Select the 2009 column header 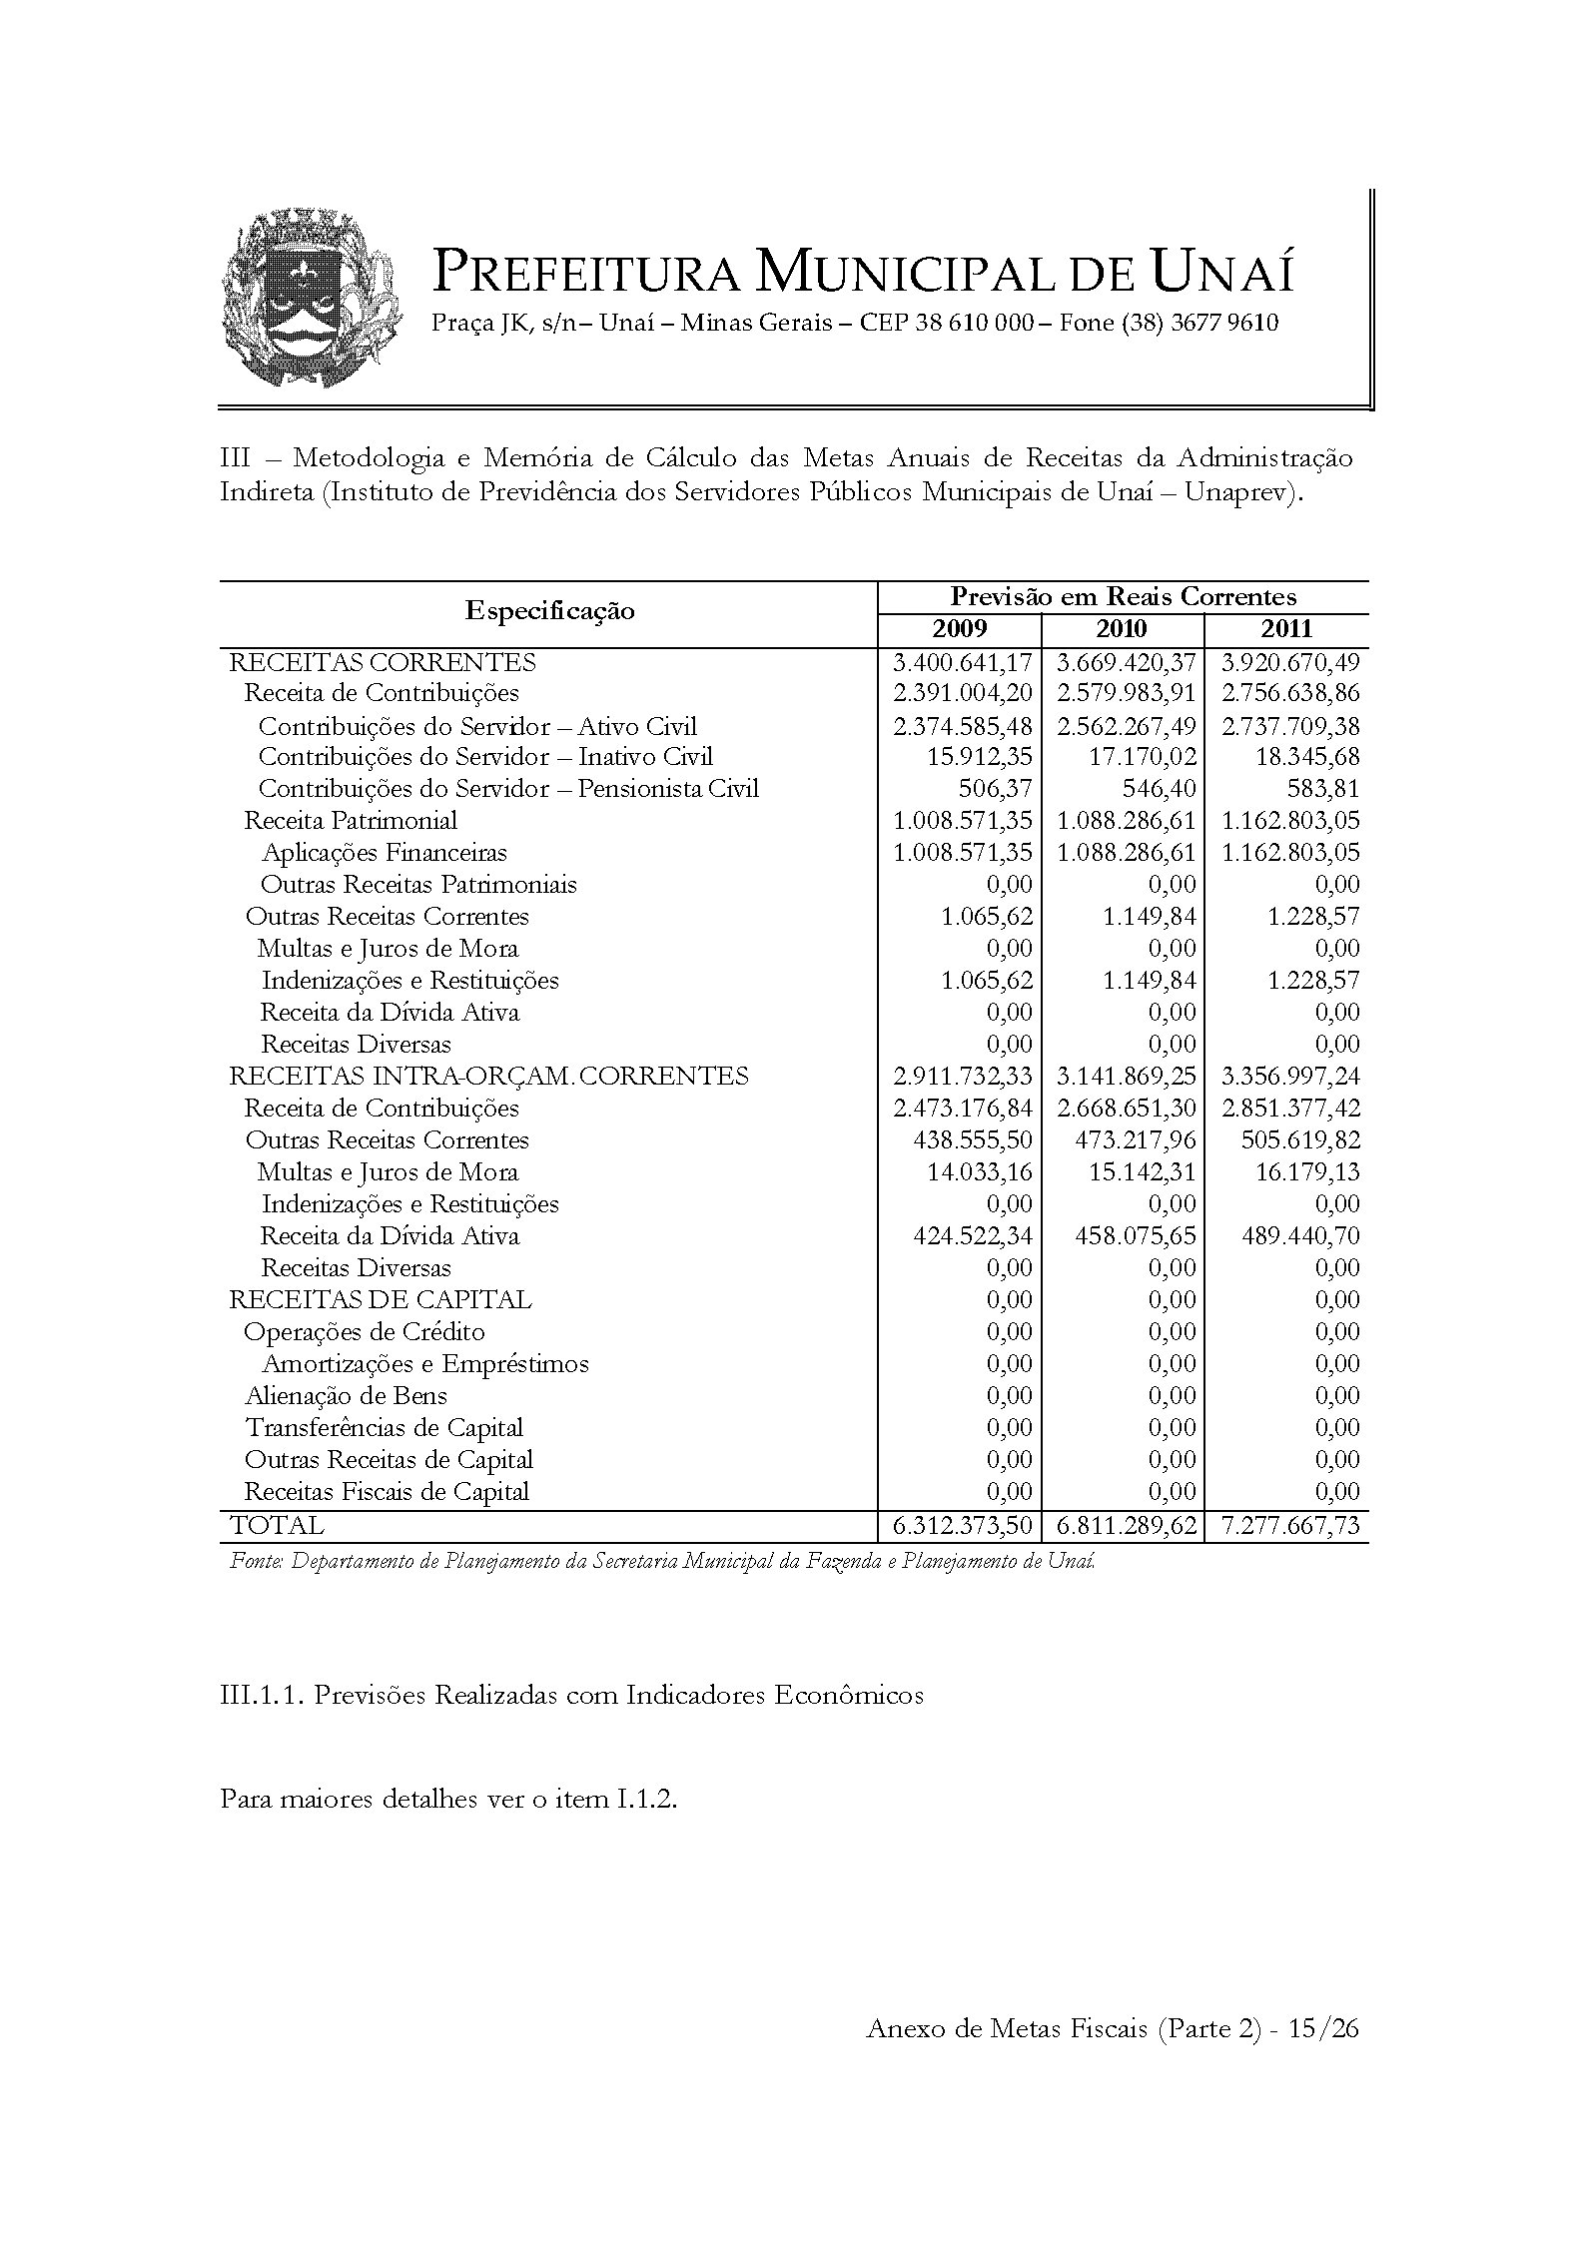[x=959, y=629]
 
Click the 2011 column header [x=1286, y=629]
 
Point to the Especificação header [x=549, y=611]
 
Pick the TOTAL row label [x=277, y=1526]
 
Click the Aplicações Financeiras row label [x=385, y=853]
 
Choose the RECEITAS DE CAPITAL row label [x=381, y=1300]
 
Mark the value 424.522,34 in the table [x=973, y=1236]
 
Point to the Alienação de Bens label [x=347, y=1396]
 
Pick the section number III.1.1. [x=262, y=1696]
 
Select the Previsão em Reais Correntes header [x=1123, y=597]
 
